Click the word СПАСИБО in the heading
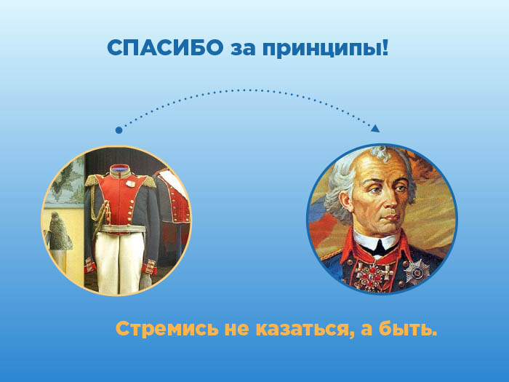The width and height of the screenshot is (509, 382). click(x=165, y=48)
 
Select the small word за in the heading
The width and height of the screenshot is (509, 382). click(x=243, y=50)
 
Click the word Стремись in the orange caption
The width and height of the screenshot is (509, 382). click(x=167, y=329)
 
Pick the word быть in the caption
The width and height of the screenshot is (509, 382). click(x=408, y=329)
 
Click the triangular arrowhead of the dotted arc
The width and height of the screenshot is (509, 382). click(x=375, y=128)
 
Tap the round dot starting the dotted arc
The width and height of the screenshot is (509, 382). click(x=119, y=130)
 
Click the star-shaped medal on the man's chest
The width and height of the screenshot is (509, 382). click(x=417, y=270)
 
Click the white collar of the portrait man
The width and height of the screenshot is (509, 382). click(x=377, y=241)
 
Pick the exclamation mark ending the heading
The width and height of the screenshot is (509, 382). click(x=385, y=48)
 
